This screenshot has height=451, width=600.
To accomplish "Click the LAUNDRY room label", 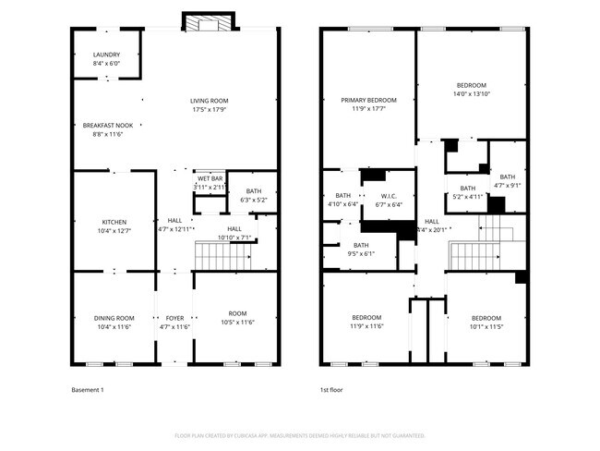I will [106, 55].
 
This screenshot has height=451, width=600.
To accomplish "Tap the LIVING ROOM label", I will [210, 101].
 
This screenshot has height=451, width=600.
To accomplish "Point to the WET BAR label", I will [210, 178].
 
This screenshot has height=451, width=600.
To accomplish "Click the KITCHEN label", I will [114, 222].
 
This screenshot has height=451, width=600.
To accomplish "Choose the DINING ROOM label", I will [114, 318].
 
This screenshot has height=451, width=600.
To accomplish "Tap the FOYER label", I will [174, 318].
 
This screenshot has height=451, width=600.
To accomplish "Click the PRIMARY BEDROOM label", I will [368, 100].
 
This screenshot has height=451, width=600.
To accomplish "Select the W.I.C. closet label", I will [389, 196].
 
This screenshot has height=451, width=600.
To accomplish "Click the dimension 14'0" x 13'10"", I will [471, 93].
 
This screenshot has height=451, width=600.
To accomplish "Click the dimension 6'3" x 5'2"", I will [253, 200].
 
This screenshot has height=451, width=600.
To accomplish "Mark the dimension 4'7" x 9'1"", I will [508, 186].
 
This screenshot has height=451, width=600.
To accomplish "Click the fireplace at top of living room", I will [209, 21].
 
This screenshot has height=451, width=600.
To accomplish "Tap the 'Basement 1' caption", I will [87, 390].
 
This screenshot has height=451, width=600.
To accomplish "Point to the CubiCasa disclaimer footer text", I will [299, 435].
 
